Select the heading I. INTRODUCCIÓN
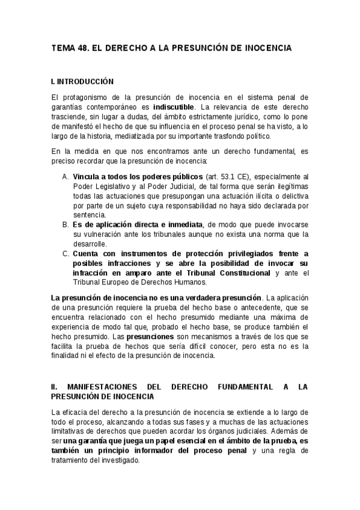82,81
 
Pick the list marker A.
66,177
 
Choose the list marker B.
66,224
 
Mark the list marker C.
66,253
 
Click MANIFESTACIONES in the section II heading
108,387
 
